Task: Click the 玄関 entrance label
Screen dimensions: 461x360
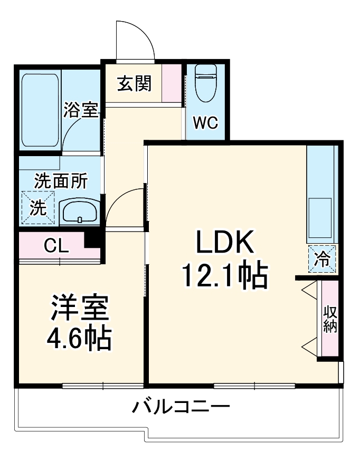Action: pos(134,83)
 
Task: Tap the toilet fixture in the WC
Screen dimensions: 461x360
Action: pos(205,83)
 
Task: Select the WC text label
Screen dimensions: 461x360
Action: pos(205,123)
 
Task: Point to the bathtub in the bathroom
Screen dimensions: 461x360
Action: pos(40,110)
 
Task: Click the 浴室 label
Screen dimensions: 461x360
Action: pos(81,110)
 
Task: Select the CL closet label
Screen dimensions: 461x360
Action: pos(56,245)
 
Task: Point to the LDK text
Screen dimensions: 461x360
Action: pos(225,244)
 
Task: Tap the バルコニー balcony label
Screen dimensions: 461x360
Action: pos(181,407)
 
